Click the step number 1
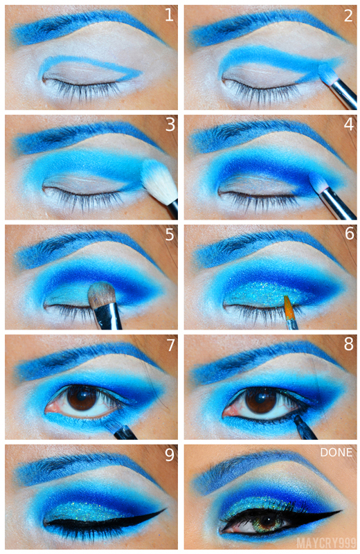[169, 15]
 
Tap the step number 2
[348, 15]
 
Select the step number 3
[170, 125]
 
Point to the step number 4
[349, 125]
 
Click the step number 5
[170, 234]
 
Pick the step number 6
[349, 233]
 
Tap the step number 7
[170, 345]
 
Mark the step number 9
[170, 455]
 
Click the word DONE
[336, 452]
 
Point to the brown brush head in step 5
[102, 293]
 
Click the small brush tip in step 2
[327, 73]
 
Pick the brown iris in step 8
[261, 400]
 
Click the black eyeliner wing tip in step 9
[165, 509]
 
